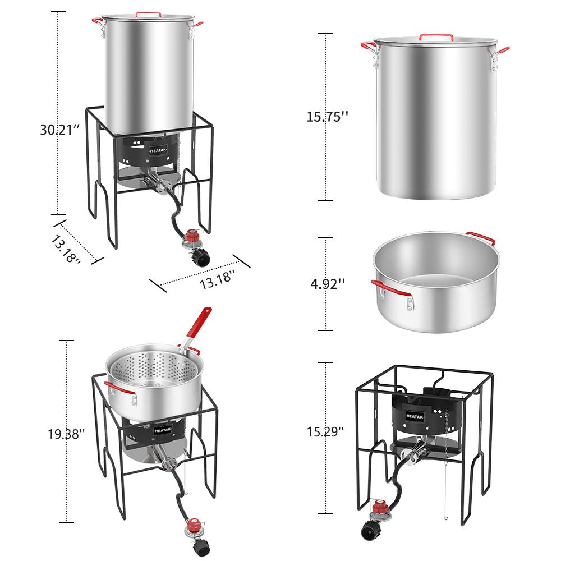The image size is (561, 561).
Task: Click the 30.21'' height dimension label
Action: point(59,130)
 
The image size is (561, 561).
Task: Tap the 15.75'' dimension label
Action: point(327,117)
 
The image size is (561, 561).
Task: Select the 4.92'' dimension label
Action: point(328,284)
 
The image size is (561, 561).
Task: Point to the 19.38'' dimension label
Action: point(67,434)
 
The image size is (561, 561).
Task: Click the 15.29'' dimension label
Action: point(325,432)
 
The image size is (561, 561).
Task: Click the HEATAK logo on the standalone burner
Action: point(415,416)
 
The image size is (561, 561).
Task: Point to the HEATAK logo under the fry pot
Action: point(163,430)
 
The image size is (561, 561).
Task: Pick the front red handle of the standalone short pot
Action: point(390,287)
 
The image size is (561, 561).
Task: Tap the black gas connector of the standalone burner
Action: point(369,531)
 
